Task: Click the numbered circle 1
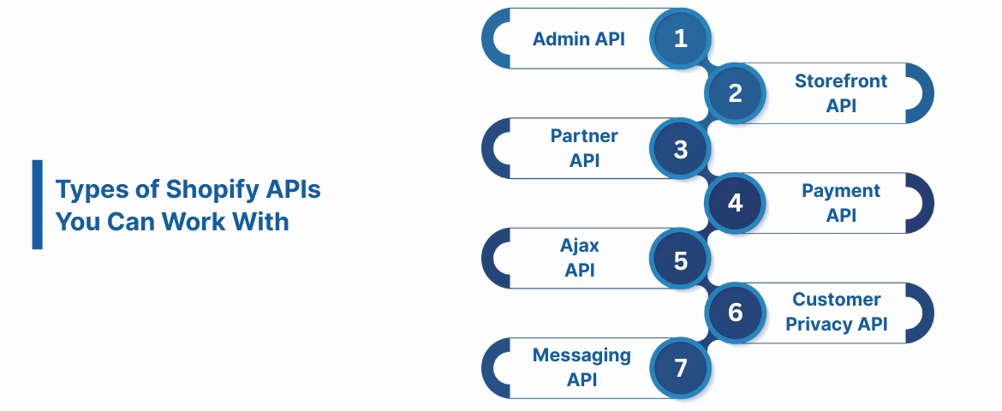pos(681,39)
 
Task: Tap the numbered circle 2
pos(736,93)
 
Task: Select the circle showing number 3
pos(681,149)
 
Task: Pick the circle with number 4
pos(736,204)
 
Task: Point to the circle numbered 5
pos(681,259)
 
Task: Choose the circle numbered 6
pos(736,313)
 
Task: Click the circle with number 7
pos(681,368)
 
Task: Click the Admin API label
pos(579,39)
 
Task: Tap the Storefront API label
pos(841,93)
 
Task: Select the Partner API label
pos(583,148)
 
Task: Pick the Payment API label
pos(841,203)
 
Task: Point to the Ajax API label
pos(580,258)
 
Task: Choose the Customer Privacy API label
pos(836,312)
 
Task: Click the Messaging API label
pos(582,367)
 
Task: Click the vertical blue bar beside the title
pos(37,204)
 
